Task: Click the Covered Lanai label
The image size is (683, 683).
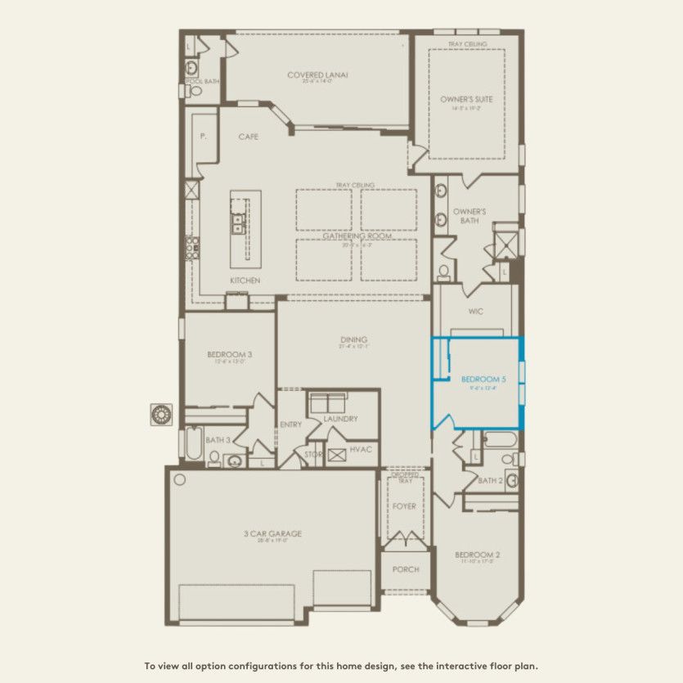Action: click(317, 74)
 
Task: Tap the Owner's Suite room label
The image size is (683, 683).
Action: click(466, 99)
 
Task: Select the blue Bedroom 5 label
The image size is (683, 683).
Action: click(483, 380)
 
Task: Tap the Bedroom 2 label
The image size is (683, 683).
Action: click(477, 555)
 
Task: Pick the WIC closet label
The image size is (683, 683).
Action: click(477, 312)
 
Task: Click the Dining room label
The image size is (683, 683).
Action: click(354, 339)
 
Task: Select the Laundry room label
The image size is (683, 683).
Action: click(340, 419)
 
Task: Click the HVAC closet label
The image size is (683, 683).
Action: click(360, 450)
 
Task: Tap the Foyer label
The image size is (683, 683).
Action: click(404, 506)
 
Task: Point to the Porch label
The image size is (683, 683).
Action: click(406, 569)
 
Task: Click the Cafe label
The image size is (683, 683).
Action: click(249, 137)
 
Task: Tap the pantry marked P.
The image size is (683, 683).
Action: click(203, 138)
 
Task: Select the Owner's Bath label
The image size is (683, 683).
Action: click(470, 216)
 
